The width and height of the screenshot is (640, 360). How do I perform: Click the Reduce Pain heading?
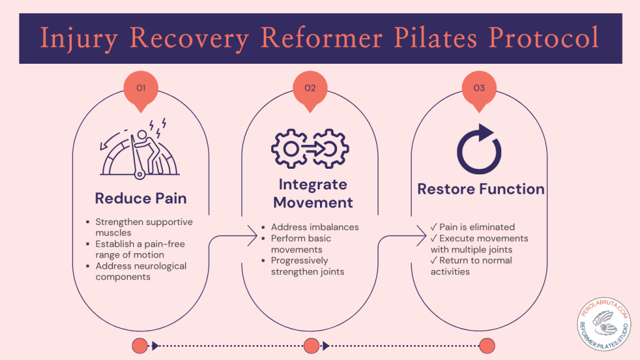point(141,199)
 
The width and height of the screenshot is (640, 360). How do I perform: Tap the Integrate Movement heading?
point(312,194)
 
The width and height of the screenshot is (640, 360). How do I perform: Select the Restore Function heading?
point(481,189)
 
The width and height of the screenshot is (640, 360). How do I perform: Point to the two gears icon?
point(310,148)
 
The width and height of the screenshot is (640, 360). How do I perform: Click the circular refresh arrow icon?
point(479,149)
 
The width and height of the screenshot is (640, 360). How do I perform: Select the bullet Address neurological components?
point(141,271)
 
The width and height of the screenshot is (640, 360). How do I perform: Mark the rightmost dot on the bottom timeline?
point(487,346)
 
